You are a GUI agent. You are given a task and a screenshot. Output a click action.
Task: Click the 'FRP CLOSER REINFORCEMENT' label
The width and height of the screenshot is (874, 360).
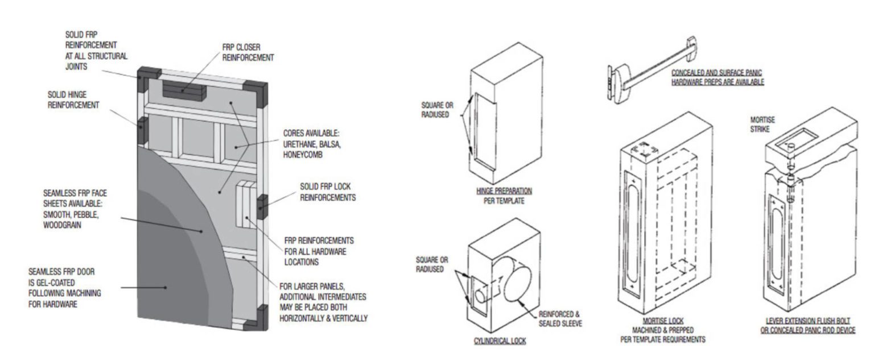[x=248, y=52]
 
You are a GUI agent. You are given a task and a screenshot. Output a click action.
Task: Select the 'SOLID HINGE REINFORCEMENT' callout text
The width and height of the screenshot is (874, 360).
[x=73, y=100]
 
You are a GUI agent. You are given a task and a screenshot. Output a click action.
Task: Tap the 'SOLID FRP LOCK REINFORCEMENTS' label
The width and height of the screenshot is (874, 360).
[x=327, y=192]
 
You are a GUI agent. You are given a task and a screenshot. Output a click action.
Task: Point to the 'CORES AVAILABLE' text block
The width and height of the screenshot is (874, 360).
[x=311, y=144]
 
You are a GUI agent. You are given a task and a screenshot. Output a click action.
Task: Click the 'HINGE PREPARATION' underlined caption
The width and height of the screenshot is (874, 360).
[x=504, y=191]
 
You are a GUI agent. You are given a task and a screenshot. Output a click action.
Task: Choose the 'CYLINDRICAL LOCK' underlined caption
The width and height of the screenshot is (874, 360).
[x=500, y=341]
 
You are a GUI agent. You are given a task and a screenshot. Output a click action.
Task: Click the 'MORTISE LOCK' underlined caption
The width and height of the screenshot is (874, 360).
[x=662, y=321]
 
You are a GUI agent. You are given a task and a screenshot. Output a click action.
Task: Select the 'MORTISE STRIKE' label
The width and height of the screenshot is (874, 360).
[x=762, y=124]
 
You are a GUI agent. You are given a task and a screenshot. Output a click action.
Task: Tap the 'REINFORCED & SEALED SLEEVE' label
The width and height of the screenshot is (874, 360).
[x=560, y=319]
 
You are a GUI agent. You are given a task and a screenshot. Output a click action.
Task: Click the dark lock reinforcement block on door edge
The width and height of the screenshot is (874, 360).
[x=262, y=207]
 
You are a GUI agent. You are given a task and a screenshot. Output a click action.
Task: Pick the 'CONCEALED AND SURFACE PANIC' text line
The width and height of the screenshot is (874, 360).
[x=716, y=73]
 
